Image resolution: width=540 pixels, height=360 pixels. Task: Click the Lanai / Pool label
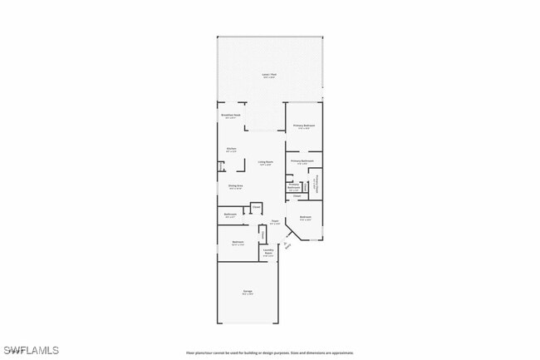269,75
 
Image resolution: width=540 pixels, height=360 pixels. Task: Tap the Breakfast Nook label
231,116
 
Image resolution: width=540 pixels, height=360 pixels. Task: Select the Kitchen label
231,150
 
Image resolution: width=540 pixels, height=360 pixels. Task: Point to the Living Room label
265,163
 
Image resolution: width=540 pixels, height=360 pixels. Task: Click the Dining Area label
235,187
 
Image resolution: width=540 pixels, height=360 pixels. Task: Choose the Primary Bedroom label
303,126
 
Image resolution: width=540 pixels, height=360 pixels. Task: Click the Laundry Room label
268,252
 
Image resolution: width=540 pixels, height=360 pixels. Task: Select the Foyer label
274,222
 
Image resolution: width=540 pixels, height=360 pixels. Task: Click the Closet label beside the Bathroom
256,206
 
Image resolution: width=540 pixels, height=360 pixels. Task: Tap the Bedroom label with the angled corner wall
306,219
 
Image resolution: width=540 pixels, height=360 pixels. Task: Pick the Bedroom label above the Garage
238,243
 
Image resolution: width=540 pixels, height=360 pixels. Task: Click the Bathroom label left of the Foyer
230,215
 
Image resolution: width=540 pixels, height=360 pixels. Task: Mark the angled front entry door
287,244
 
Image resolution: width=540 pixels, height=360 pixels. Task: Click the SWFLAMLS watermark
32,350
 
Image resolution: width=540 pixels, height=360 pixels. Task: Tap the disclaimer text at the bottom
269,352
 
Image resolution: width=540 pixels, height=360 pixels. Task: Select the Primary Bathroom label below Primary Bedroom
302,162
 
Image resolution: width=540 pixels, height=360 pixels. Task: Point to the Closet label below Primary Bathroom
297,197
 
